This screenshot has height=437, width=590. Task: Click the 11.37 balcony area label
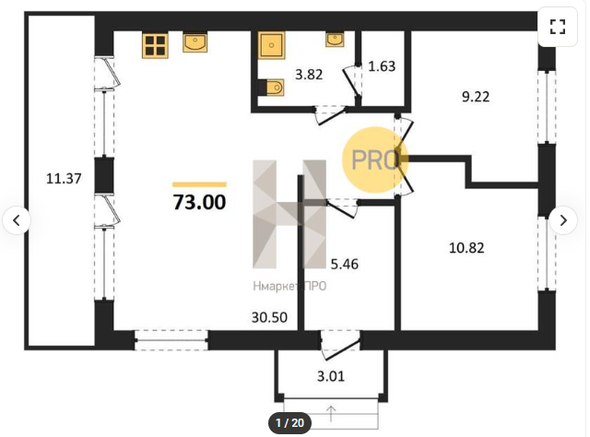click(64, 178)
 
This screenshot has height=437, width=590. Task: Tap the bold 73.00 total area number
click(199, 202)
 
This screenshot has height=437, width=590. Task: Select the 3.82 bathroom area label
click(309, 75)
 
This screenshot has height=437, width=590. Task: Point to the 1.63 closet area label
click(382, 66)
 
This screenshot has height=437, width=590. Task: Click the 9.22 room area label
click(476, 97)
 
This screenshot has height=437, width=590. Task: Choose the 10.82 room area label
click(466, 248)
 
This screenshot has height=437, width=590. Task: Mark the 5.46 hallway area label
click(344, 265)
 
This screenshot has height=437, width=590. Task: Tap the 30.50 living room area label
click(269, 317)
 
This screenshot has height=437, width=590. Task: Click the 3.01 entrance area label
click(331, 376)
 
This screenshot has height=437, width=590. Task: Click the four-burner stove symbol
click(155, 45)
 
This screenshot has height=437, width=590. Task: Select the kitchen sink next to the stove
click(195, 41)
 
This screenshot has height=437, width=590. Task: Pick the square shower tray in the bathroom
click(271, 45)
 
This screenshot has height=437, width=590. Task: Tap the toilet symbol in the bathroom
click(272, 88)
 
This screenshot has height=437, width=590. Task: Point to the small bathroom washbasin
click(335, 39)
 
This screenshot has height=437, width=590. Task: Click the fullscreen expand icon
click(558, 27)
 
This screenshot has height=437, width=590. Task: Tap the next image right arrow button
click(563, 220)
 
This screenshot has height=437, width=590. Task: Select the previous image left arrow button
click(17, 220)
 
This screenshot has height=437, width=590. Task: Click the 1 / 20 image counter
click(289, 423)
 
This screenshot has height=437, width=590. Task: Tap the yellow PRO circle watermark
click(375, 160)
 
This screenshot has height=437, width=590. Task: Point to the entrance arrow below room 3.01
click(331, 414)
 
